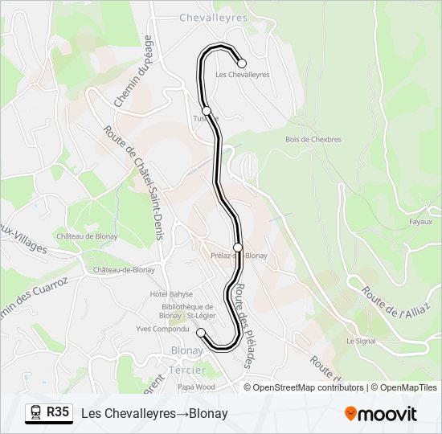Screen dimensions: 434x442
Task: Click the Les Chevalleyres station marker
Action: click(x=241, y=63)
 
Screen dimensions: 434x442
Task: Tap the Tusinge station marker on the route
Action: click(x=207, y=110)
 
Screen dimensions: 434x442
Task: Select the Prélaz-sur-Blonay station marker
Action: click(x=238, y=247)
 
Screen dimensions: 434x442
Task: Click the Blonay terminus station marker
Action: click(x=201, y=332)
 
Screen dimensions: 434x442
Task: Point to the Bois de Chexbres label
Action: click(x=313, y=139)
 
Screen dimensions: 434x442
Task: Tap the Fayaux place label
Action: click(x=421, y=222)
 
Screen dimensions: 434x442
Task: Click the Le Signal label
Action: click(x=361, y=341)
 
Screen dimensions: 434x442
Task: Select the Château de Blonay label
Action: click(x=87, y=236)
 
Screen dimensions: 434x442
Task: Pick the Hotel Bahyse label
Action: click(x=171, y=294)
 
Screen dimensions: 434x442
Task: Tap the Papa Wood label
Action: click(x=196, y=387)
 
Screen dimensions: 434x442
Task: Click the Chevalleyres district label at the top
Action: click(x=213, y=16)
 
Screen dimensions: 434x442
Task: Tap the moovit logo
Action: click(x=381, y=414)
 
